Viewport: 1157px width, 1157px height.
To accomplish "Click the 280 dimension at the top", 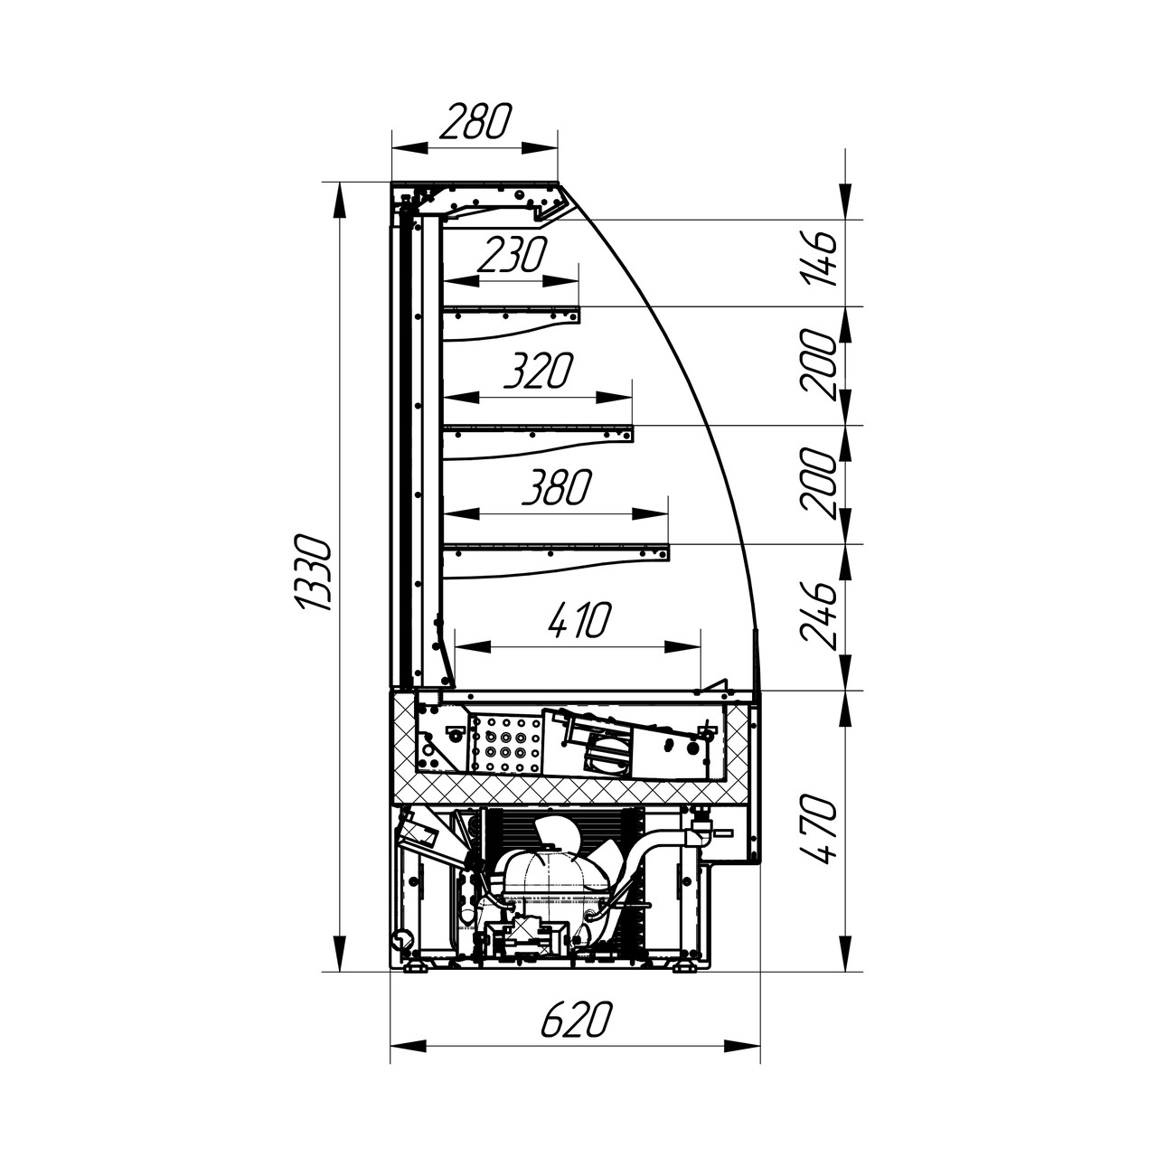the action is [x=475, y=121].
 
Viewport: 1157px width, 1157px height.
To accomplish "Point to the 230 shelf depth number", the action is [x=511, y=255].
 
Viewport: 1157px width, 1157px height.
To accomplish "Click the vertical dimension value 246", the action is [x=817, y=615].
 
